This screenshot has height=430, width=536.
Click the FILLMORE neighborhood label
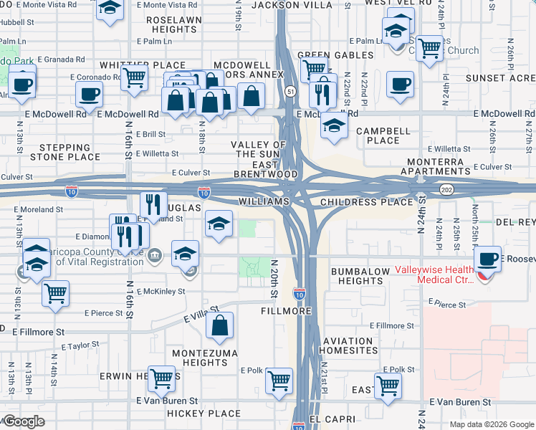[291, 312]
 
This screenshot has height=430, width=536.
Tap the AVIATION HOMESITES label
[348, 345]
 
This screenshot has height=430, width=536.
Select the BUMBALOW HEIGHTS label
[358, 276]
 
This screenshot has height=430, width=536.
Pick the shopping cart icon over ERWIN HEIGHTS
[161, 378]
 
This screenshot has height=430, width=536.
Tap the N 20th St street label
[274, 279]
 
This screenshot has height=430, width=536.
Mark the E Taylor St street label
[80, 345]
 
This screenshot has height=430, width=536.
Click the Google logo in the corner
[24, 421]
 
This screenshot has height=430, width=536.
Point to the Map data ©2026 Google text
[492, 424]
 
